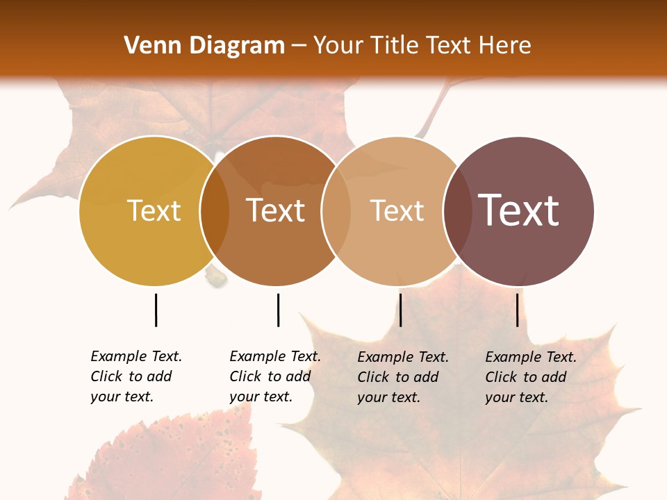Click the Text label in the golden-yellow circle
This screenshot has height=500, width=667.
154,210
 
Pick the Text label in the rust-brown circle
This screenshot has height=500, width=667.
275,210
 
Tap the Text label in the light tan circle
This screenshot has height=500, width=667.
397,210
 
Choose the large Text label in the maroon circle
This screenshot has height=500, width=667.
518,210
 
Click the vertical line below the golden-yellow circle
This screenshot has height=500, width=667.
156,310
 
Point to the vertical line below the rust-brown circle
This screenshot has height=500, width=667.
278,310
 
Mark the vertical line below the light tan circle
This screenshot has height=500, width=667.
400,310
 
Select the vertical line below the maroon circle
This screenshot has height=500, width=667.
517,310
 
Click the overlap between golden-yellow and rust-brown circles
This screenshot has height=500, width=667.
215,210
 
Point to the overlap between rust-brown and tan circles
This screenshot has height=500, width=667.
336,210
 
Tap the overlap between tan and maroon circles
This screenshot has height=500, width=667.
457,210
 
